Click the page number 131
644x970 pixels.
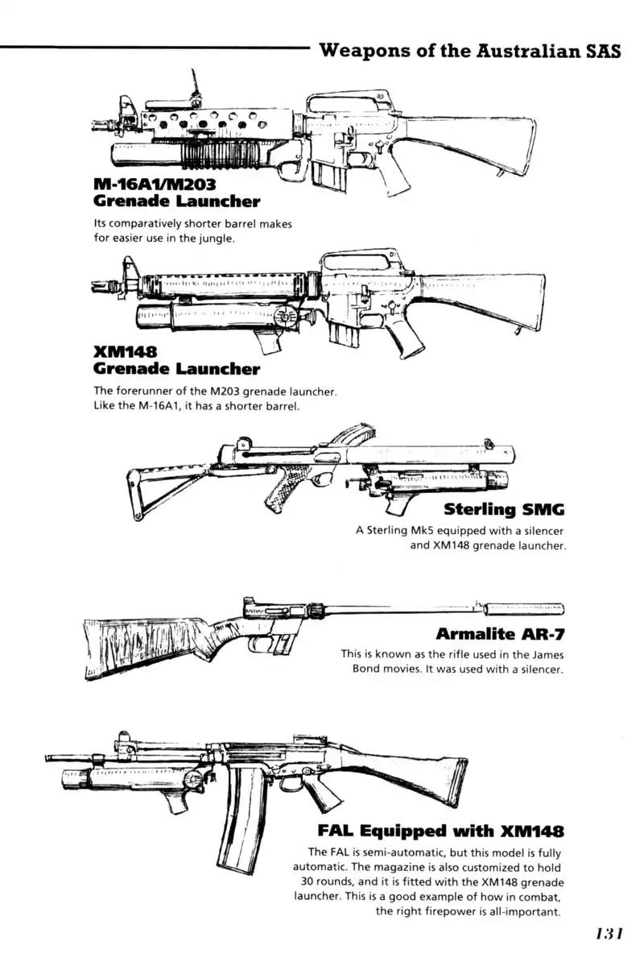point(609,935)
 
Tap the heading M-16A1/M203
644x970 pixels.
point(155,184)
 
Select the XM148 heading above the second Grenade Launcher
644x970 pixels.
point(125,352)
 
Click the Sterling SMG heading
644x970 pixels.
point(504,509)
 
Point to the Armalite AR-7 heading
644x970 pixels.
point(499,633)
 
